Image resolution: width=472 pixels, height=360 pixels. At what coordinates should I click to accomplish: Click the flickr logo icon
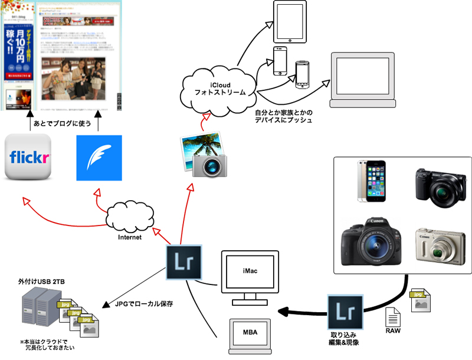[x=29, y=158]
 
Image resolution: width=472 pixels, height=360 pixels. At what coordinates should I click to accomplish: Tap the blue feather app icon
[x=99, y=158]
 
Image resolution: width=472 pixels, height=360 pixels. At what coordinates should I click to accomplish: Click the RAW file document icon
[x=393, y=320]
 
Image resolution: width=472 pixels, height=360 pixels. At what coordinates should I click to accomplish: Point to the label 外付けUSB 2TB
[x=41, y=284]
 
